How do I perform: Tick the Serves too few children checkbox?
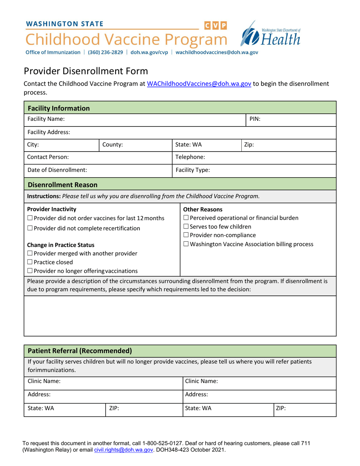click(x=186, y=227)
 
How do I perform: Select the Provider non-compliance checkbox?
click(x=186, y=236)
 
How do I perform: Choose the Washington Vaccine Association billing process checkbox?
click(x=186, y=244)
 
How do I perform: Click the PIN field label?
click(x=255, y=119)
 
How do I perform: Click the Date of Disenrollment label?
click(x=57, y=170)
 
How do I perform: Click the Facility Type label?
click(x=193, y=170)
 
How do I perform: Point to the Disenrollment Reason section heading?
click(x=63, y=185)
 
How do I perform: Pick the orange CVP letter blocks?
click(x=216, y=26)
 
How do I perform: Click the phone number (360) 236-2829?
click(x=105, y=53)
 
